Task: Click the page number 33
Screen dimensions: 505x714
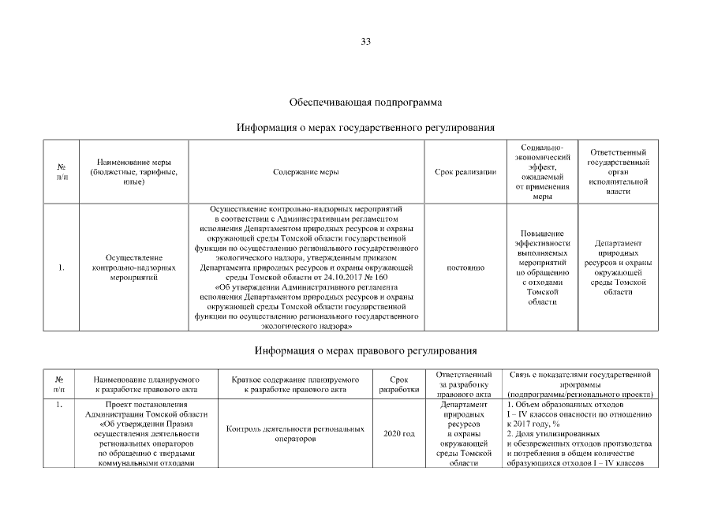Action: point(365,42)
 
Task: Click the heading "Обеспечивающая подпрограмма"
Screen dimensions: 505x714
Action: point(365,103)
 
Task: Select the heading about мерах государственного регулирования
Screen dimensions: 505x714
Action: point(365,127)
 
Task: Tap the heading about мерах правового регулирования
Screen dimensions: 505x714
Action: point(365,350)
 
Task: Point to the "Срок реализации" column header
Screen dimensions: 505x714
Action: point(465,171)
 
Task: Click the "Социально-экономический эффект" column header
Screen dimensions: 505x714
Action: point(542,171)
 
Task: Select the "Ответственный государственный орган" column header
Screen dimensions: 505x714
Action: point(618,171)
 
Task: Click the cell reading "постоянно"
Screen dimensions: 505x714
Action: point(465,267)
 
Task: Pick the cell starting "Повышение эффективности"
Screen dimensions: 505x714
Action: point(542,267)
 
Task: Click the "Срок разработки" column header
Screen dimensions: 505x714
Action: point(398,383)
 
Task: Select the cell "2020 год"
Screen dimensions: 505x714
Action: point(398,434)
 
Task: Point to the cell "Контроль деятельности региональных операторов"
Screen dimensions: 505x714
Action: point(294,434)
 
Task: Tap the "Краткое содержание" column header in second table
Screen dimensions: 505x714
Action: point(294,383)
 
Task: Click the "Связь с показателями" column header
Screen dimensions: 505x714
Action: point(580,383)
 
